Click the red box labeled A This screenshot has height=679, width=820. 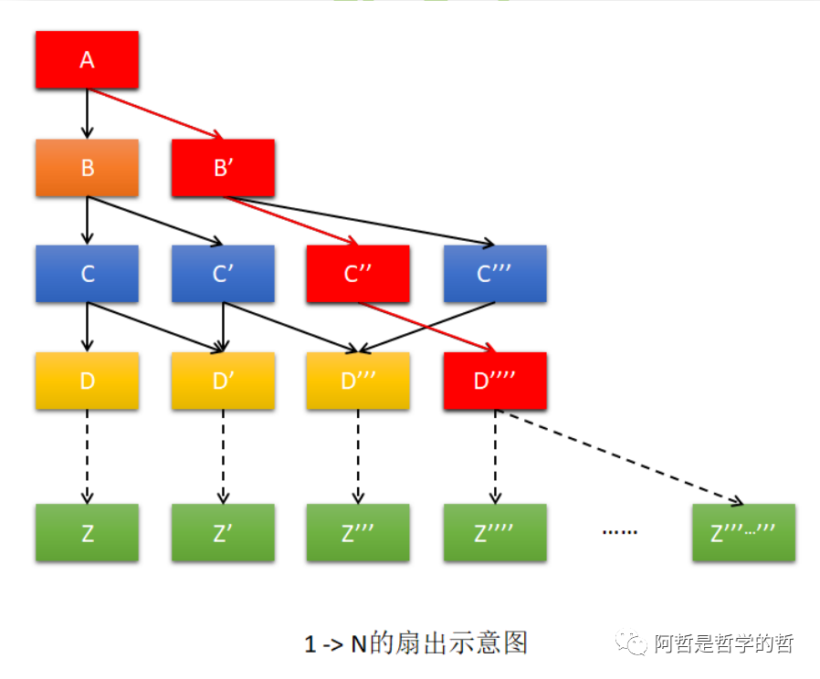tap(87, 60)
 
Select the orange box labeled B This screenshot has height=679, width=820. tap(87, 168)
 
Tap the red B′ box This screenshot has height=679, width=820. tap(223, 168)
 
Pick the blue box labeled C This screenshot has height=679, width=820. tap(87, 274)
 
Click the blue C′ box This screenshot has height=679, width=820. tap(223, 274)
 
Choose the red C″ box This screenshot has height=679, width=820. tap(358, 274)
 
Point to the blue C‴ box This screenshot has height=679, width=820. tap(495, 274)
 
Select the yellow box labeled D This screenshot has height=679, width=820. tap(87, 381)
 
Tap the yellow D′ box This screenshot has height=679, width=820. tap(223, 381)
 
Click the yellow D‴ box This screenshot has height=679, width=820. tap(358, 381)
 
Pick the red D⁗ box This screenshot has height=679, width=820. tap(495, 381)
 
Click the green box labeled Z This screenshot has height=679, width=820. tap(87, 533)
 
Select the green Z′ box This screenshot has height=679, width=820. tap(223, 533)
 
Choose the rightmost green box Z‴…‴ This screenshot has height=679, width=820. tap(743, 533)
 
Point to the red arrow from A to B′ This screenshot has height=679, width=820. tap(155, 113)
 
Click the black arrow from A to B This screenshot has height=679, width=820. tap(88, 114)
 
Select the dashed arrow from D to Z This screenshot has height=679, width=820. tap(88, 456)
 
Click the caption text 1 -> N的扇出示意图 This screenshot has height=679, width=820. tap(416, 643)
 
